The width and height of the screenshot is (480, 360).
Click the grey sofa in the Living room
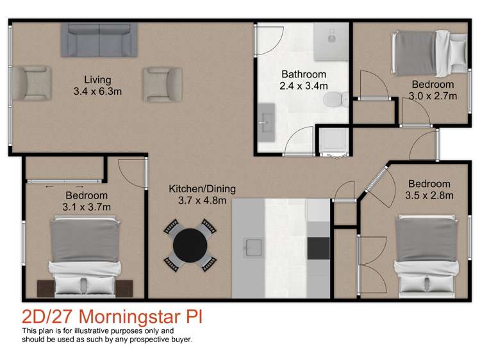(x=99, y=39)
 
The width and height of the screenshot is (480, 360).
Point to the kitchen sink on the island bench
(x=251, y=245)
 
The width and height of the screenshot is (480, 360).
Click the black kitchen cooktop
(x=318, y=247)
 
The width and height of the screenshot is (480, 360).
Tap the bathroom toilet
(x=335, y=99)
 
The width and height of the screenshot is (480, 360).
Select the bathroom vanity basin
(x=265, y=121)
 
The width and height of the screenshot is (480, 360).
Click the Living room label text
(x=97, y=80)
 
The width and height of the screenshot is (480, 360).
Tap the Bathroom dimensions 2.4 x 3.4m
(x=304, y=85)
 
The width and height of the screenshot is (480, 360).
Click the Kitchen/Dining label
(x=203, y=189)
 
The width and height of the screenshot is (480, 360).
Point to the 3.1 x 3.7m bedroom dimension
(x=87, y=206)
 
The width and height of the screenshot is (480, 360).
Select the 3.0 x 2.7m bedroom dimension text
(x=433, y=96)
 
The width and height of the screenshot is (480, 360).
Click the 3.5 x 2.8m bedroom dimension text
(x=430, y=195)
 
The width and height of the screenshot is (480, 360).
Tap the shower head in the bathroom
(x=332, y=37)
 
